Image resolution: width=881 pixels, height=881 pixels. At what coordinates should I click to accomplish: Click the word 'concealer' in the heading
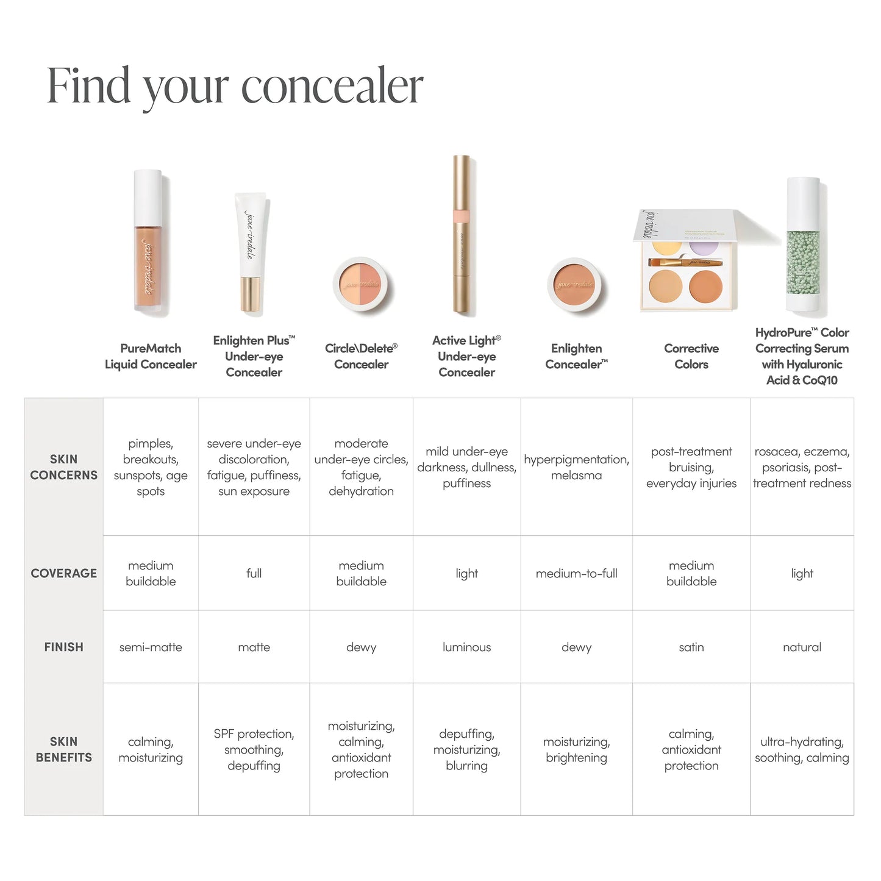click(332, 86)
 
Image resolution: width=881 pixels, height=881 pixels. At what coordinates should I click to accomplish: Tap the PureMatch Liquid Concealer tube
click(149, 244)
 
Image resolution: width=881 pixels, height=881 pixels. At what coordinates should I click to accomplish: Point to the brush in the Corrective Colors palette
click(686, 263)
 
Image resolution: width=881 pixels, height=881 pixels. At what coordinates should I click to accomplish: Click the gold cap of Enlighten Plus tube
click(251, 294)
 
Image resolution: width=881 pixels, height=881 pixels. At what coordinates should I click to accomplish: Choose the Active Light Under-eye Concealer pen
click(464, 235)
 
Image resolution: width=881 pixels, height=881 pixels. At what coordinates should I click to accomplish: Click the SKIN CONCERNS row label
click(63, 467)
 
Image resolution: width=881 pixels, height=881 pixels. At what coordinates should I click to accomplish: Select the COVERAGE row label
click(63, 573)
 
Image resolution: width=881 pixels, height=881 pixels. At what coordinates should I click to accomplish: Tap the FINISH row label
click(63, 647)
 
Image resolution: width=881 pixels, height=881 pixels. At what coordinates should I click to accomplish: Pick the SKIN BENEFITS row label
click(63, 749)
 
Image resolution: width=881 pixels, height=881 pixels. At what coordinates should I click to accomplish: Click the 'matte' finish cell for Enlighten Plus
click(254, 647)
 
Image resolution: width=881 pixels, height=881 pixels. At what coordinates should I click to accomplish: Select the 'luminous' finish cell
click(466, 647)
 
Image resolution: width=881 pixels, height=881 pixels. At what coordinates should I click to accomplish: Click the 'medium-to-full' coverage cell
click(576, 573)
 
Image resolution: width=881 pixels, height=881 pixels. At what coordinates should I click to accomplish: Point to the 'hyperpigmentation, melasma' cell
click(576, 467)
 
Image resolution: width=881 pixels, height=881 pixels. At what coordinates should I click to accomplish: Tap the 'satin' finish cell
click(691, 647)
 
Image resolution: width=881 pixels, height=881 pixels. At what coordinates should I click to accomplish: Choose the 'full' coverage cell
click(254, 573)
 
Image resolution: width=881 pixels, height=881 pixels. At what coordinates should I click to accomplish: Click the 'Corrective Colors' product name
click(691, 356)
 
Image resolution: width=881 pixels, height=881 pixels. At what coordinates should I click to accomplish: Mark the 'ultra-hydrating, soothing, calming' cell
click(802, 749)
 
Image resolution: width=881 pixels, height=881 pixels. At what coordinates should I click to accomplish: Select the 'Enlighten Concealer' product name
click(576, 356)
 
